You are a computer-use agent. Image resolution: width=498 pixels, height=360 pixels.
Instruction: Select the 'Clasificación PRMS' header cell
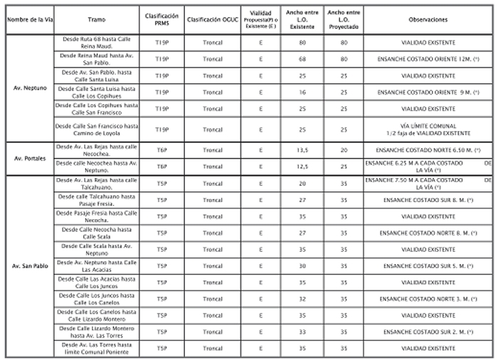coord(161,19)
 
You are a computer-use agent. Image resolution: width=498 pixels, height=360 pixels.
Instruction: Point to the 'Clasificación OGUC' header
coord(212,19)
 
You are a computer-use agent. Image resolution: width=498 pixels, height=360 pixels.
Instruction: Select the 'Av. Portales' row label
coord(28,158)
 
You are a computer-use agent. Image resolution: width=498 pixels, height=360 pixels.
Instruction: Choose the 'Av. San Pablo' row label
coord(28,265)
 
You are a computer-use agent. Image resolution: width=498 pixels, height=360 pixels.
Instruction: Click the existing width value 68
coord(302,59)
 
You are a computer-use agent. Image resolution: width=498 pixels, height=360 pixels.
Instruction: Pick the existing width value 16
coord(302,92)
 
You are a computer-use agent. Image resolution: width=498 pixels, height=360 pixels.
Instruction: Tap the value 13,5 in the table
coord(302,150)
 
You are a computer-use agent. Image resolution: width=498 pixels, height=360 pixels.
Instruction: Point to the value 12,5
coord(302,166)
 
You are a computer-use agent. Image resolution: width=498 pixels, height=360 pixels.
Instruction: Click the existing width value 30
coord(302,265)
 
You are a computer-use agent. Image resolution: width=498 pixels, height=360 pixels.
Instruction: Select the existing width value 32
coord(302,299)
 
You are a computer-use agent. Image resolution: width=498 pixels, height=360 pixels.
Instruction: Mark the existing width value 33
coord(302,332)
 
